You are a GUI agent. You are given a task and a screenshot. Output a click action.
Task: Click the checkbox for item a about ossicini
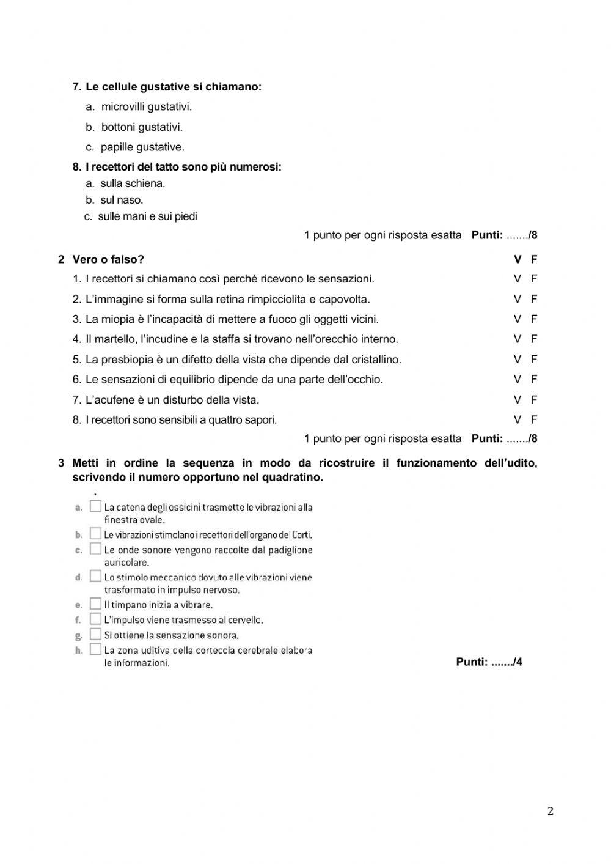(95, 506)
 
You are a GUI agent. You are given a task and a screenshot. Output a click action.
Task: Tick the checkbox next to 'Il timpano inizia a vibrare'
(95, 604)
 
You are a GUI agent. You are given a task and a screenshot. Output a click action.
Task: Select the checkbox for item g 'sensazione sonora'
(95, 634)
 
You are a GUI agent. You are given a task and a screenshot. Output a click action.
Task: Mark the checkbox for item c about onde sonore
(95, 549)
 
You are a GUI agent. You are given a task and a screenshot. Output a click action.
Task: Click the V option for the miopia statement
(518, 319)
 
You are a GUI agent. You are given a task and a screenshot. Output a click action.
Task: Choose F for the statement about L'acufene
(534, 399)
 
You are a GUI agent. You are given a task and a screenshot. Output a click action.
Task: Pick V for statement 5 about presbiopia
(518, 359)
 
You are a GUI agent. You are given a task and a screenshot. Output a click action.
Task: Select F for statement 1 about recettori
(534, 278)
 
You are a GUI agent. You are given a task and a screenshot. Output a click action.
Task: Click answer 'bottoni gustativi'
(142, 127)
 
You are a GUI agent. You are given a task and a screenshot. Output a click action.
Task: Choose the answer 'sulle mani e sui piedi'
(147, 216)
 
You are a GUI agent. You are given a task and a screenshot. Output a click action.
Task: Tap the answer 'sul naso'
(122, 199)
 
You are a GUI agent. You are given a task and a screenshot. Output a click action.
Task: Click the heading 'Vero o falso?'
(108, 259)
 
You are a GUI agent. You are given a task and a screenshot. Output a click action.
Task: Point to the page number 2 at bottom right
(550, 811)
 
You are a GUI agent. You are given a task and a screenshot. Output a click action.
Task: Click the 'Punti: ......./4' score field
(489, 662)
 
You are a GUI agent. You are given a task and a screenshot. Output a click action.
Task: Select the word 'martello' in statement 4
(117, 339)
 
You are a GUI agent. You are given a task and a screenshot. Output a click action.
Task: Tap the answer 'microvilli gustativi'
(147, 106)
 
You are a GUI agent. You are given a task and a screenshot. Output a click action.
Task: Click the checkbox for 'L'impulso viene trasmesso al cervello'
(95, 619)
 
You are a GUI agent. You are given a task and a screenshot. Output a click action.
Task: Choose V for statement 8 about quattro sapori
(518, 419)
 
